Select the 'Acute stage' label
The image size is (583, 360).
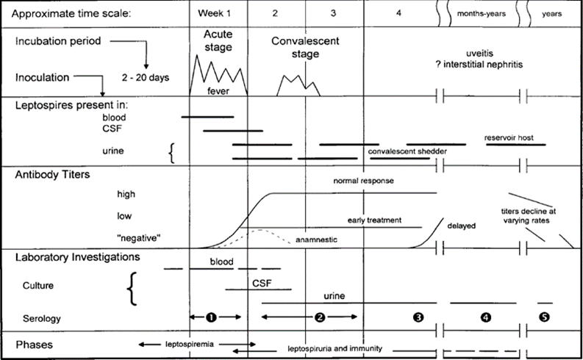pos(217,42)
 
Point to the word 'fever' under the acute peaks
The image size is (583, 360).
pos(218,90)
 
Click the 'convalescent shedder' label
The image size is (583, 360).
pos(408,151)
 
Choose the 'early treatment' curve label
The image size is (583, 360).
pos(374,219)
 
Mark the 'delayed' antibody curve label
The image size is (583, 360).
pos(461,226)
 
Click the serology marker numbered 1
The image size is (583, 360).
pos(211,317)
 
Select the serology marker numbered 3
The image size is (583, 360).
pos(418,318)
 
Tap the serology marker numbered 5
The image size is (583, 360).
pos(545,317)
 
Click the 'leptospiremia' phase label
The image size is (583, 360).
pos(194,343)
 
